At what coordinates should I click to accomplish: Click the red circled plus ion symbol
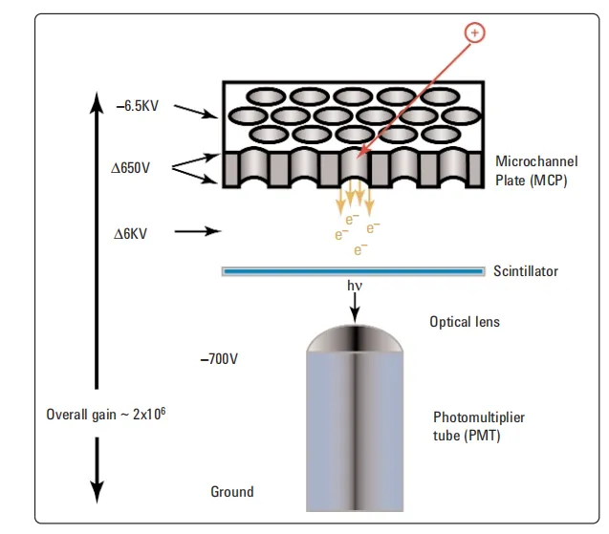[x=474, y=32]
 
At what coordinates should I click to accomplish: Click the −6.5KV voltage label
[x=137, y=106]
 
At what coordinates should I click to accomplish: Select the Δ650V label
[x=131, y=167]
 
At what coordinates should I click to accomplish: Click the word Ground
[x=232, y=492]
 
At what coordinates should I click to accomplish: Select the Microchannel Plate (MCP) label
[x=536, y=170]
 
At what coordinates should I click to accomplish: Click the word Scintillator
[x=526, y=271]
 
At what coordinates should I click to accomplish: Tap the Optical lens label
[x=465, y=322]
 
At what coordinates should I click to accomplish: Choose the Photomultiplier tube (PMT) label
[x=479, y=426]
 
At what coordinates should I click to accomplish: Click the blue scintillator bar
[x=354, y=271]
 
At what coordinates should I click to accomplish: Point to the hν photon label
[x=356, y=286]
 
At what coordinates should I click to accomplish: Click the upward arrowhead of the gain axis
[x=97, y=99]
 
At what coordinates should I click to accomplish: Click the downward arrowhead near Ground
[x=97, y=491]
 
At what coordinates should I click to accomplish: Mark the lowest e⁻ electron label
[x=360, y=250]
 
